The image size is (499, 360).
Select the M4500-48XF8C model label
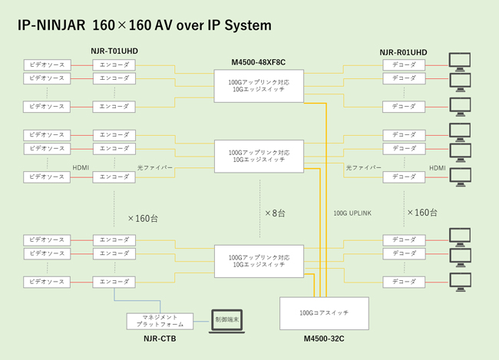[259, 61]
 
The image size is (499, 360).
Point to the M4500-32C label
[325, 338]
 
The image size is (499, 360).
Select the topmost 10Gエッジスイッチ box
[259, 84]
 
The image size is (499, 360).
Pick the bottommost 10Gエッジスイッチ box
[259, 260]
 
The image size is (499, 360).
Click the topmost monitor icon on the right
[461, 60]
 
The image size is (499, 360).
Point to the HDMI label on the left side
[81, 167]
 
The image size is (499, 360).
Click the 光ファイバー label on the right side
[362, 167]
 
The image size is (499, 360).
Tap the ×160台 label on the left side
[142, 218]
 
